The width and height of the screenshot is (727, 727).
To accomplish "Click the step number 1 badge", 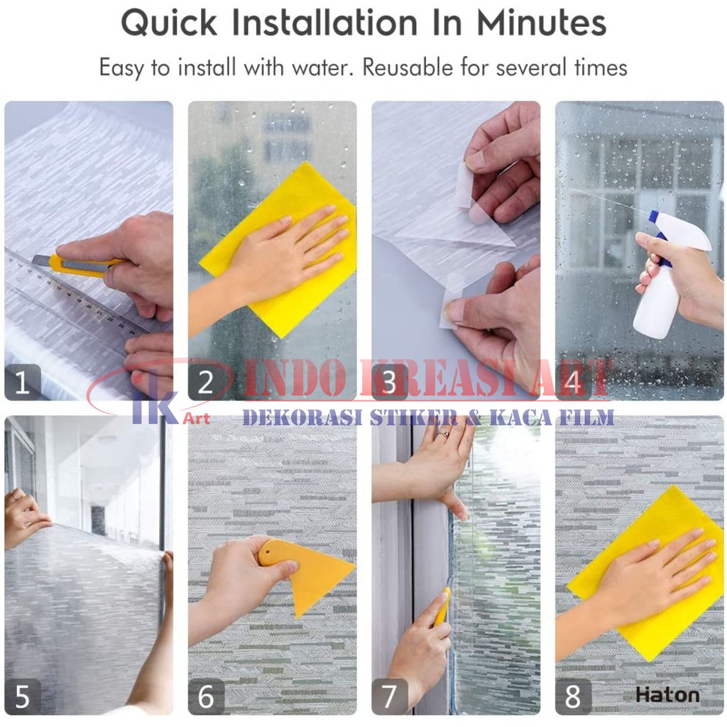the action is click(x=23, y=382).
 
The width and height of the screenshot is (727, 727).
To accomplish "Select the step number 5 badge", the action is click(x=23, y=696).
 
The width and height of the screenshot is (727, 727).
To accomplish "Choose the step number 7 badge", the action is click(x=390, y=696).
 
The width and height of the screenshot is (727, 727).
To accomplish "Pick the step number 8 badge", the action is click(x=574, y=696).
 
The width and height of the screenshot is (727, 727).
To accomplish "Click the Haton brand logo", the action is click(x=667, y=695).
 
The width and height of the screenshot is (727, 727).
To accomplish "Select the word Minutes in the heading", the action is click(x=542, y=23).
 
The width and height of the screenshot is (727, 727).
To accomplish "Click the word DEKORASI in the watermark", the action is click(x=302, y=417).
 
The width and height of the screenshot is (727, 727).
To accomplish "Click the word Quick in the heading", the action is click(x=169, y=23).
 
